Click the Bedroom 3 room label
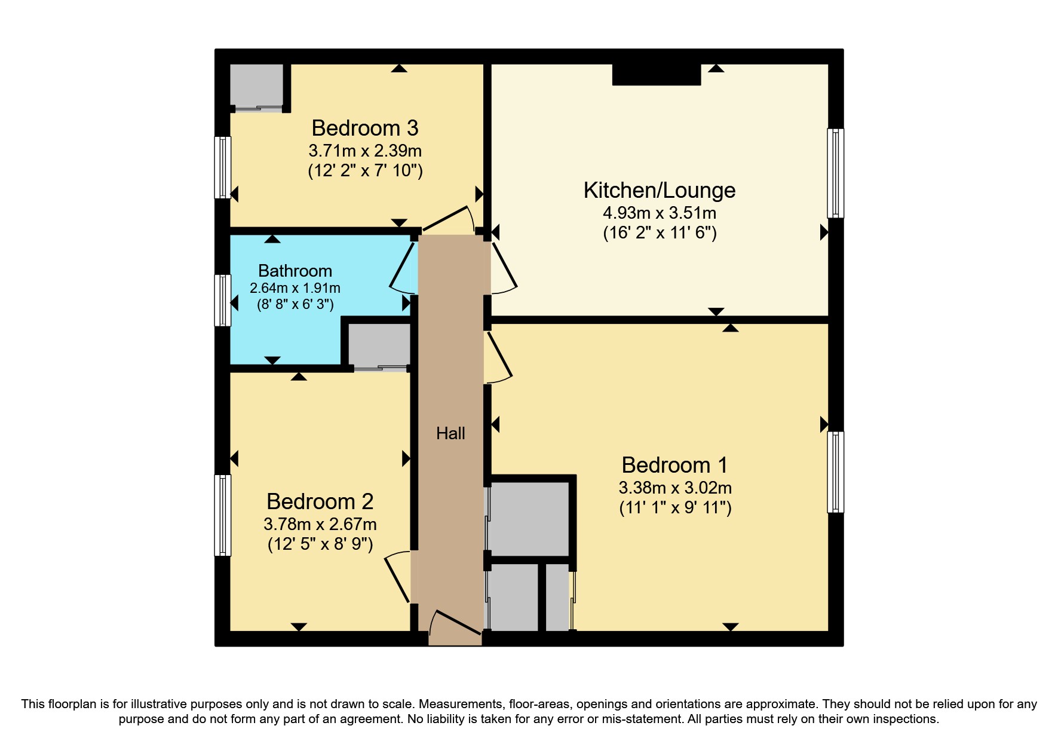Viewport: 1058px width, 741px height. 364,128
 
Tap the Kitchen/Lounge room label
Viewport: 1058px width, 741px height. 659,190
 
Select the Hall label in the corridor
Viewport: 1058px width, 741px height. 450,433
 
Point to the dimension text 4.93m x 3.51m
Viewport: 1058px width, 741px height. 659,213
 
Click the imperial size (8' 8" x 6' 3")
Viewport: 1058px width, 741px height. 295,304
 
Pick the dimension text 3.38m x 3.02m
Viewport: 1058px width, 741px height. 675,488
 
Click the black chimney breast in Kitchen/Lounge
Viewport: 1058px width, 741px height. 656,75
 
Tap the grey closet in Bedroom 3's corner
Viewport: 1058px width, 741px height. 256,85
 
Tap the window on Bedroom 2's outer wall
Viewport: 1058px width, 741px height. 222,515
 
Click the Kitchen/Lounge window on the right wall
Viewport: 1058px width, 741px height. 835,173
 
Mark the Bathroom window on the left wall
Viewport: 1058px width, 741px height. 222,300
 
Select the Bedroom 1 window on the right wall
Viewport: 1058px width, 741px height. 835,472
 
